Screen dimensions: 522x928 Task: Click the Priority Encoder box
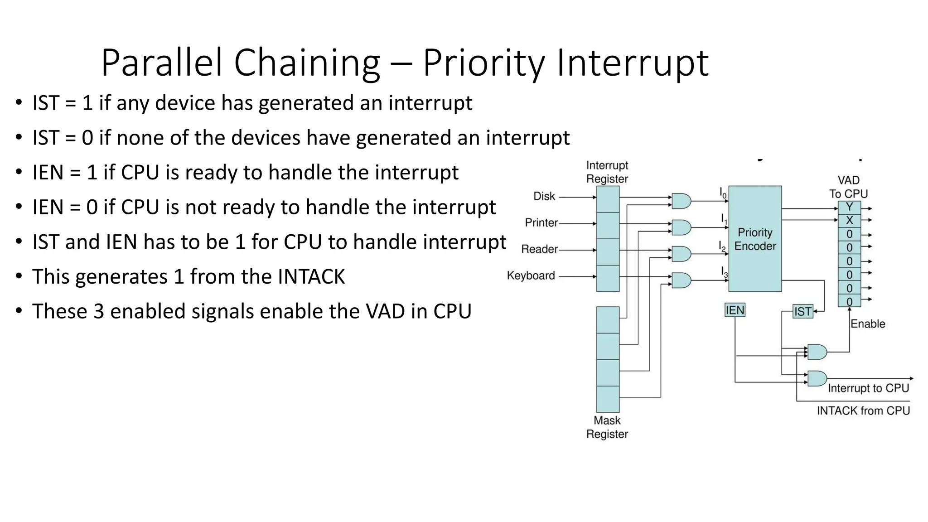(x=754, y=239)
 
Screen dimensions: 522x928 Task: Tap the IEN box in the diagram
(x=735, y=310)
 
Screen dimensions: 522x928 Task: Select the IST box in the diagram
(x=802, y=312)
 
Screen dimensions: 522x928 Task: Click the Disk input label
(x=544, y=196)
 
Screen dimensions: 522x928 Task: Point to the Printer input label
(x=541, y=222)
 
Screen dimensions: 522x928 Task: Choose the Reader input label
(x=539, y=249)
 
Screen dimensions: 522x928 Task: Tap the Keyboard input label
(x=531, y=275)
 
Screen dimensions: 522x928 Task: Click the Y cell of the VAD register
(x=849, y=208)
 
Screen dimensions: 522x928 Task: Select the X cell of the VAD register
(x=849, y=221)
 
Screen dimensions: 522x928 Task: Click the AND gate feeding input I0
(x=681, y=201)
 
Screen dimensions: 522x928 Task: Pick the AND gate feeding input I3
(x=681, y=280)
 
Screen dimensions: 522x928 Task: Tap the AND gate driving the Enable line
(x=817, y=352)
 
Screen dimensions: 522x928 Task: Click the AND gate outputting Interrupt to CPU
(x=817, y=378)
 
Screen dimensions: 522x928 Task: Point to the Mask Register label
(x=607, y=427)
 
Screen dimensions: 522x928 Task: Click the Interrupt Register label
(x=607, y=172)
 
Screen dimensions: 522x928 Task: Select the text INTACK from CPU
(x=863, y=411)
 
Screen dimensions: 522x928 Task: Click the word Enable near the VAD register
(x=867, y=324)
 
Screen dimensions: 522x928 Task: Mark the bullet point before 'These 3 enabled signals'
(x=18, y=312)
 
